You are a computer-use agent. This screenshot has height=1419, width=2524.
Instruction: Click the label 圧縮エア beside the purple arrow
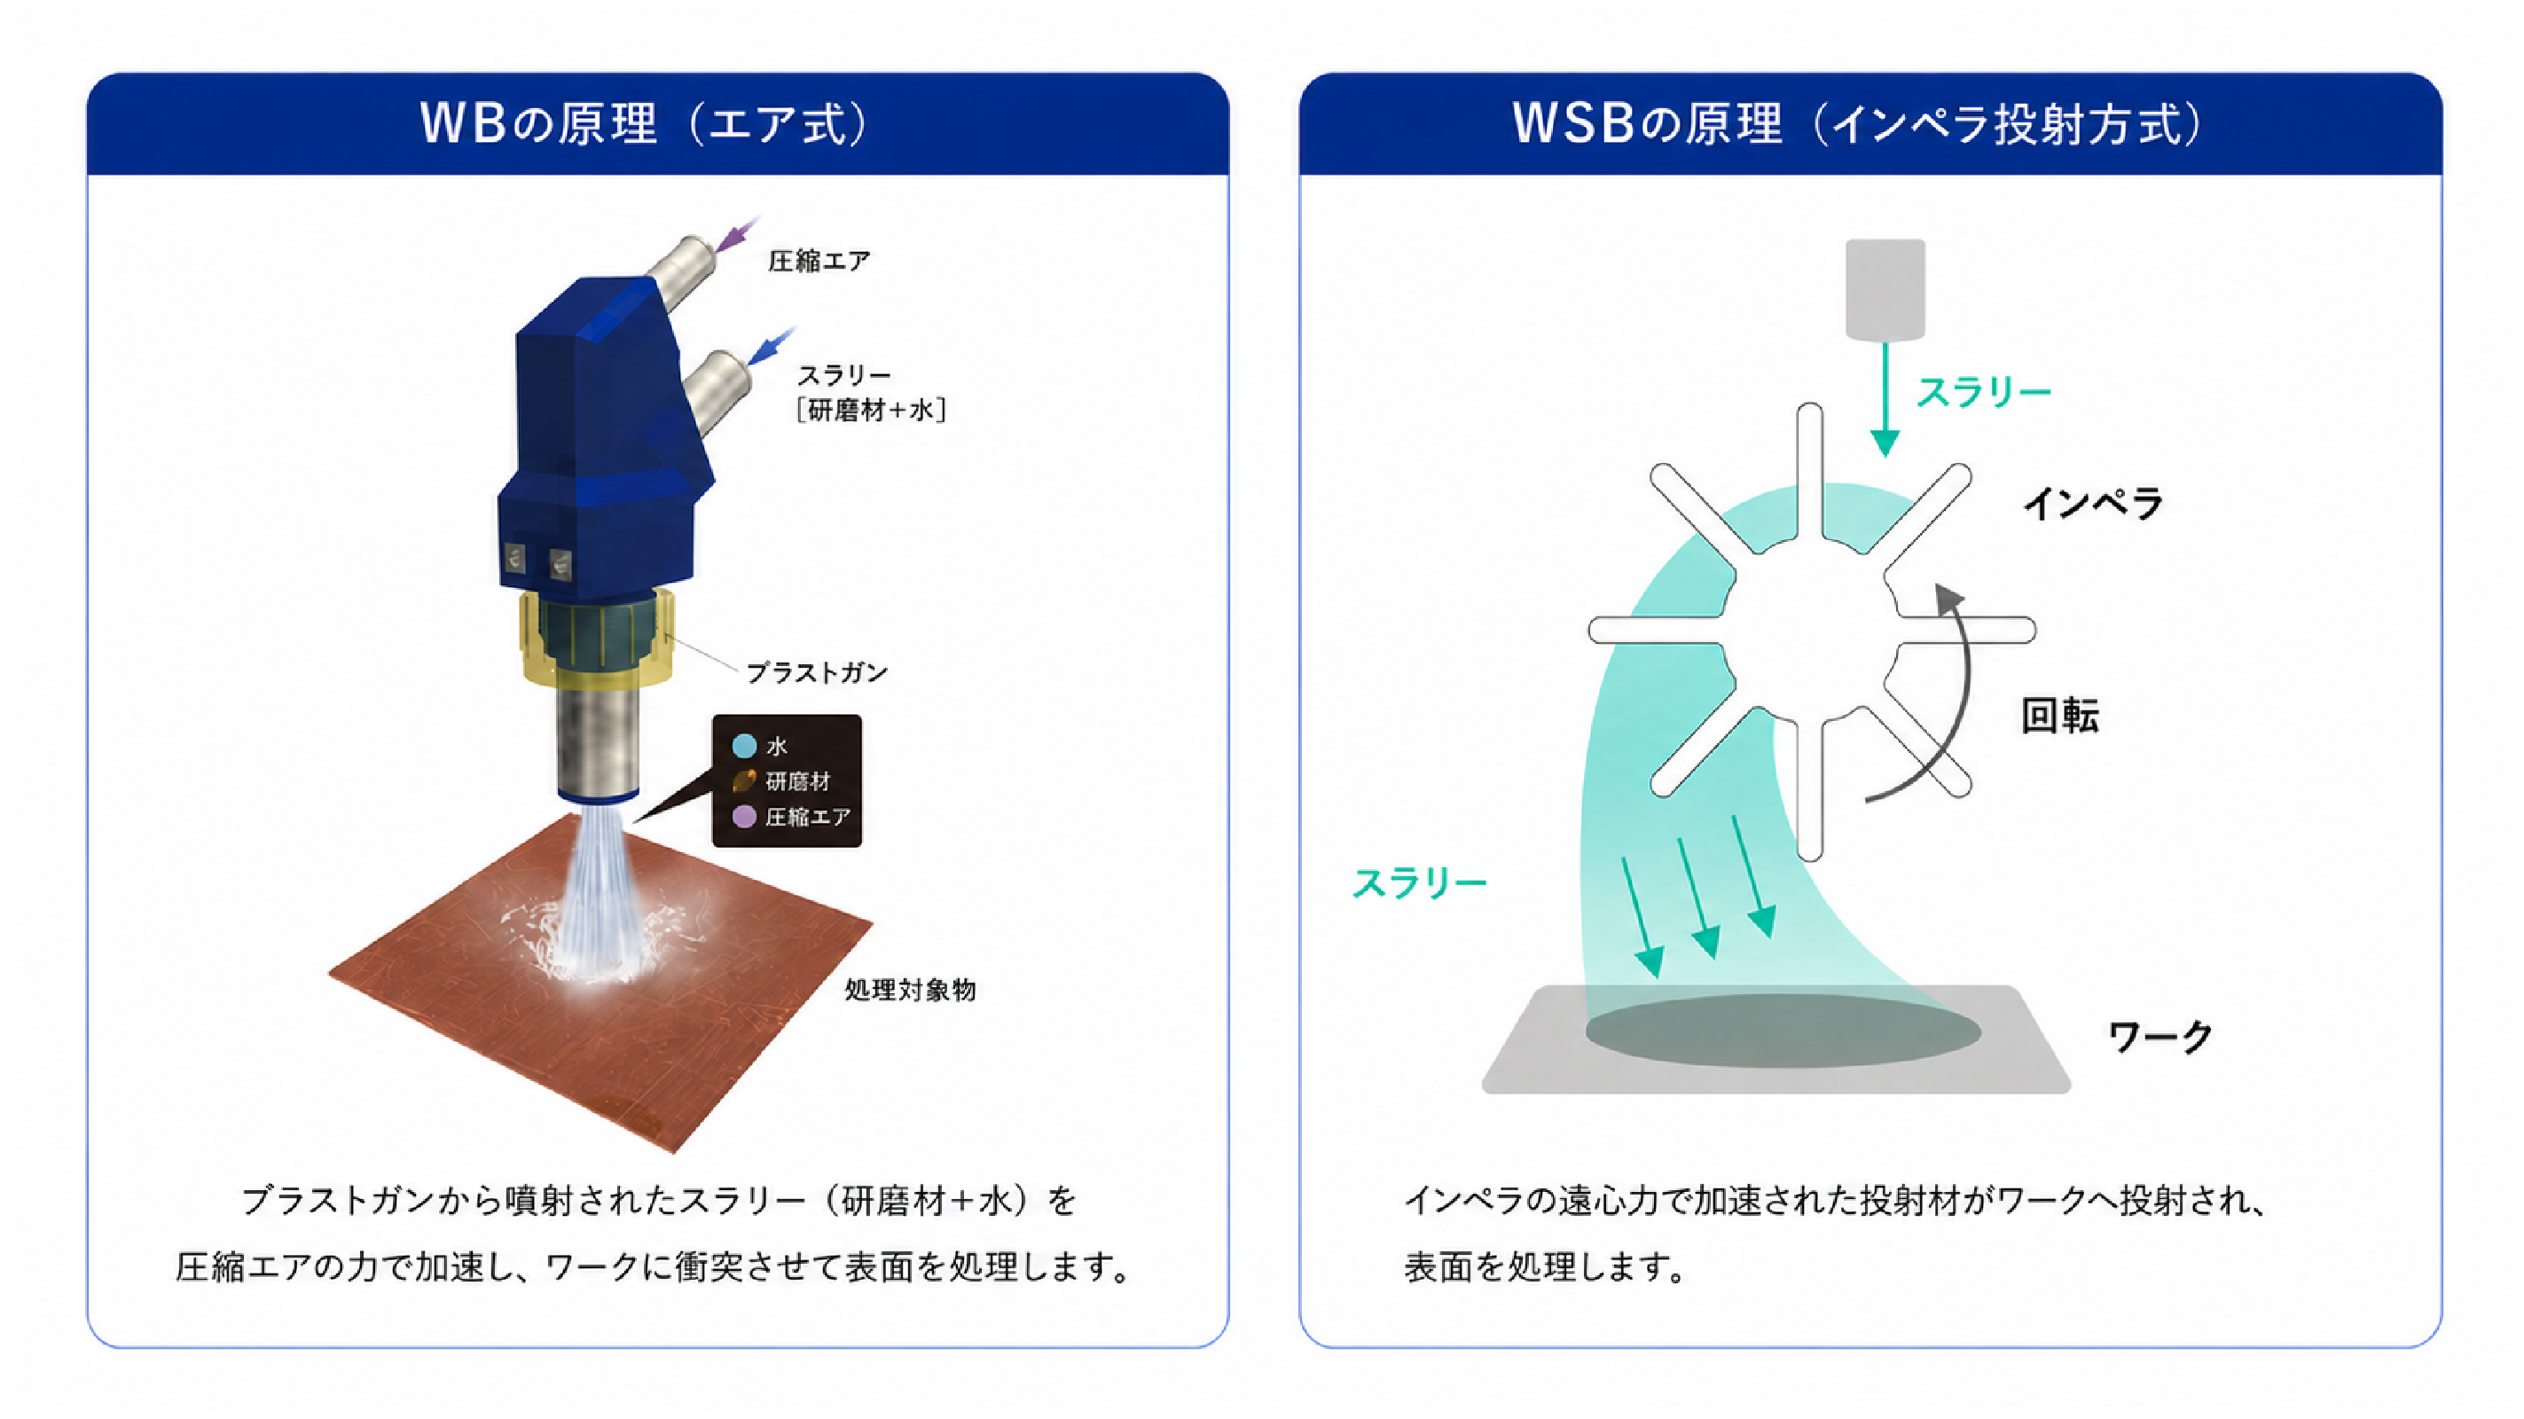click(x=819, y=261)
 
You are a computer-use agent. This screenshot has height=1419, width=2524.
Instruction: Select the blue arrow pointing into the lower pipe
click(x=772, y=345)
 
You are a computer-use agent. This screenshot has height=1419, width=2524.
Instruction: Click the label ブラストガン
click(x=817, y=672)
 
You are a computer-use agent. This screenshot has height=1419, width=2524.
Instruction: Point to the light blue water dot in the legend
click(x=745, y=747)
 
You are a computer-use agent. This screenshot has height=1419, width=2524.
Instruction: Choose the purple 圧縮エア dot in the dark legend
click(x=745, y=816)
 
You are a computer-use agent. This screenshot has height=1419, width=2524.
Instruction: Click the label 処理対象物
click(x=910, y=990)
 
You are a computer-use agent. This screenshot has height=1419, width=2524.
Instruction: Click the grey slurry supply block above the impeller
click(x=1885, y=290)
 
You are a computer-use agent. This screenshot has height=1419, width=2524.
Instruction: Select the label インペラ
click(x=2093, y=504)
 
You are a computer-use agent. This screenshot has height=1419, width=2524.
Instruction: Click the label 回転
click(x=2059, y=717)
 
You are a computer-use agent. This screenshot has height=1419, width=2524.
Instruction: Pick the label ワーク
click(x=2160, y=1036)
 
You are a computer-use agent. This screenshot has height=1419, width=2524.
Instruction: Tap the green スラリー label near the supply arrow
click(x=1984, y=392)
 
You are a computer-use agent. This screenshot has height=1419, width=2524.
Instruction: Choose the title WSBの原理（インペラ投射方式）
click(x=1858, y=124)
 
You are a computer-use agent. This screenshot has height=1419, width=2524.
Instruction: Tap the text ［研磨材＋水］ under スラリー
click(x=871, y=410)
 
